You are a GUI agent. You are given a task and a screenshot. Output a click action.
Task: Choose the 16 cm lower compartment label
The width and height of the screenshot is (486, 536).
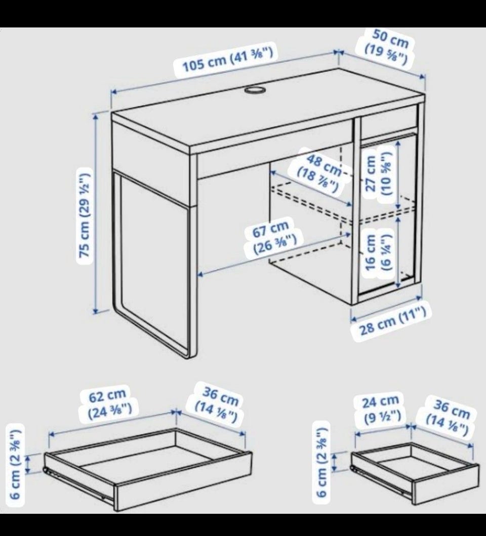click(378, 253)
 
